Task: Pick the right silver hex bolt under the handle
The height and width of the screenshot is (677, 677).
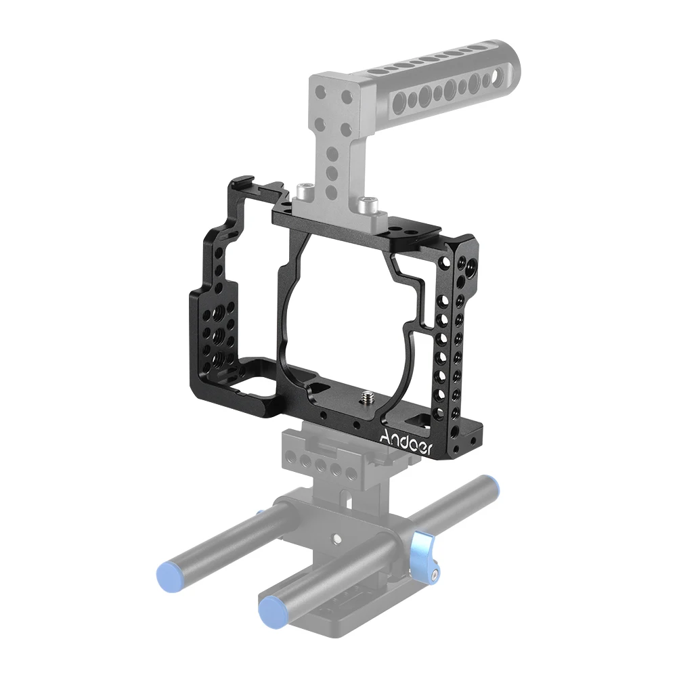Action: tap(368, 202)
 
